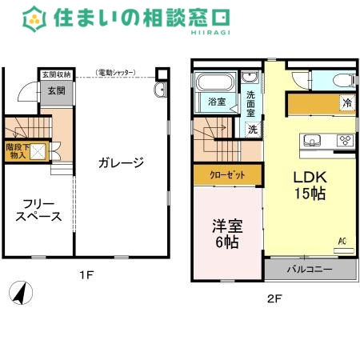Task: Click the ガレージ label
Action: (121, 163)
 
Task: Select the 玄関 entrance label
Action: (56, 91)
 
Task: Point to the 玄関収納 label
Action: (56, 74)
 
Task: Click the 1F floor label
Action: (86, 276)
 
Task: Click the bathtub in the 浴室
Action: (214, 83)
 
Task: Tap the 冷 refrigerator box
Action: (347, 102)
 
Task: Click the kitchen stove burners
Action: (346, 141)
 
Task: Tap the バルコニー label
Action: (310, 270)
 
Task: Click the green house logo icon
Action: (34, 16)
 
